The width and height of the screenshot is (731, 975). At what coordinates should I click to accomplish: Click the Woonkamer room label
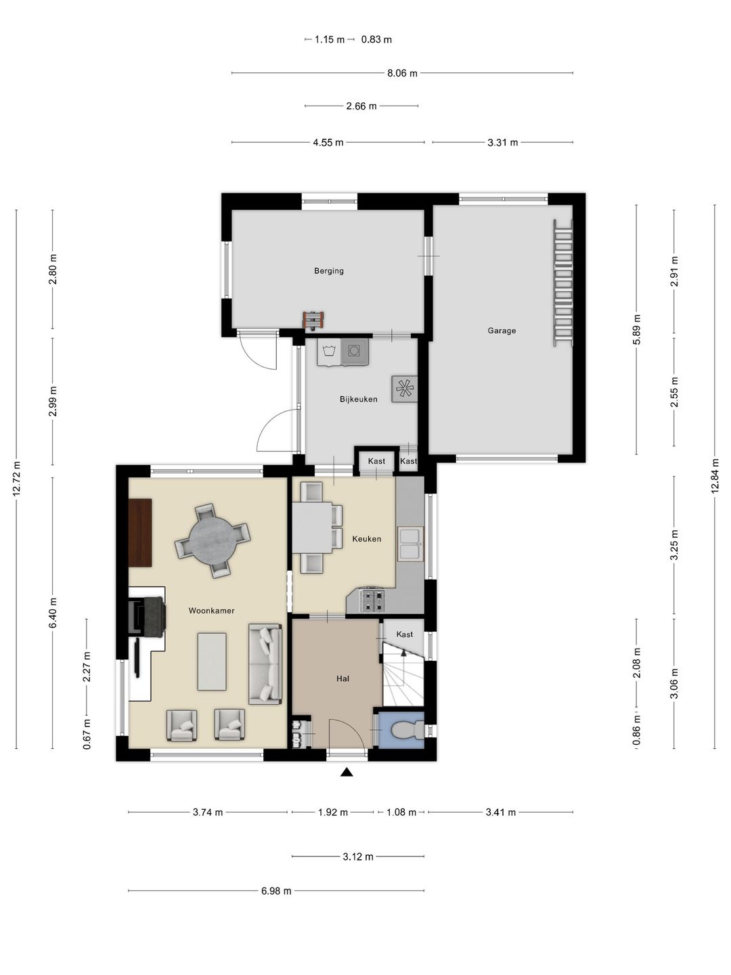click(211, 611)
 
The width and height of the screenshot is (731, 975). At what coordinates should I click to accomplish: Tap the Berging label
click(329, 271)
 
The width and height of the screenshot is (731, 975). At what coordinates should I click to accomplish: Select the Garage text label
click(502, 330)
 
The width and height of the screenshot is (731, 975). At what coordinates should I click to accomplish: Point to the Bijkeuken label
click(359, 399)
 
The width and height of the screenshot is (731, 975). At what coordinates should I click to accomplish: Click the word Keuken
click(367, 539)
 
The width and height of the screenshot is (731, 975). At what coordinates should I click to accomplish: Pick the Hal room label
click(342, 678)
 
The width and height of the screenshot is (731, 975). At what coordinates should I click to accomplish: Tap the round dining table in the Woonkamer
click(213, 540)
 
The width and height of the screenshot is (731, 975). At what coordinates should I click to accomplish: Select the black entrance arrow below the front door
click(347, 772)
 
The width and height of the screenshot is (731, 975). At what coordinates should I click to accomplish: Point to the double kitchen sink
click(411, 544)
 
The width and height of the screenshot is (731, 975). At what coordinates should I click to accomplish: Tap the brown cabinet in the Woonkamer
click(140, 533)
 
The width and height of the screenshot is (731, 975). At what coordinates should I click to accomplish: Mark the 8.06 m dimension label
click(402, 73)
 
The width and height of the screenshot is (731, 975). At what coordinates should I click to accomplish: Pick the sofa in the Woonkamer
click(265, 664)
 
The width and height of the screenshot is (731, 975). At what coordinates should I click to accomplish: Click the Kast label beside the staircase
click(404, 634)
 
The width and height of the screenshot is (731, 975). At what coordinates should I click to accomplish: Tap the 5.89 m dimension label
click(637, 329)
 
